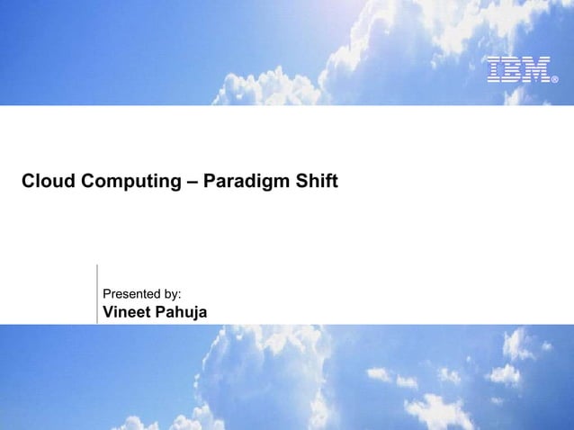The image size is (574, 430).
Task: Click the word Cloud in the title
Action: (49, 182)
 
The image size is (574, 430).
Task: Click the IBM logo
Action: (517, 70)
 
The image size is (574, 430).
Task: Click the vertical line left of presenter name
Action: (96, 293)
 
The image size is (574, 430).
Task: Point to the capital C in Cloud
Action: (28, 182)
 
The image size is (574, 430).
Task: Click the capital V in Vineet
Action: (110, 312)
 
